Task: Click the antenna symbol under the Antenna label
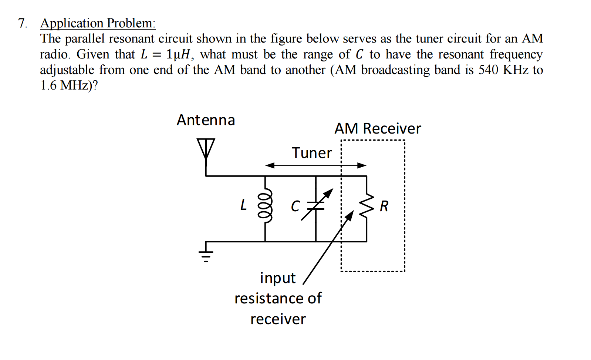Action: click(206, 148)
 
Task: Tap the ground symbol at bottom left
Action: click(206, 255)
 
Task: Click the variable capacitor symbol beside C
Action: click(316, 206)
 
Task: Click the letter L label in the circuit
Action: click(243, 205)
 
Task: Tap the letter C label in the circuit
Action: click(295, 206)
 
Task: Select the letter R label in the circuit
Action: click(384, 206)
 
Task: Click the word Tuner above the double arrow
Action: click(312, 153)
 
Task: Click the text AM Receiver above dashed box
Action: click(377, 128)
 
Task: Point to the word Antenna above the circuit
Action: click(206, 120)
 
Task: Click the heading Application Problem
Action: click(98, 23)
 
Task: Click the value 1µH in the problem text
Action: click(178, 54)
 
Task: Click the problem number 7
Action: click(22, 23)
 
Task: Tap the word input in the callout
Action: click(278, 278)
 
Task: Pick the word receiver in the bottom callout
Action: click(278, 319)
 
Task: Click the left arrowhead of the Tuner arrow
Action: click(270, 165)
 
